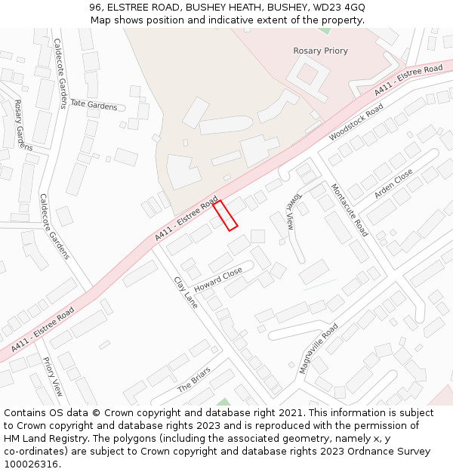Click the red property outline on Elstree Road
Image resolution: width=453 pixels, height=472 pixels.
point(225,215)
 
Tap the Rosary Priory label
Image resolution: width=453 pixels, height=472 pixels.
point(320,51)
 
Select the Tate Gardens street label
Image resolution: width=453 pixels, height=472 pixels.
point(94,105)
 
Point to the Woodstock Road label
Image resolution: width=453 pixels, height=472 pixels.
point(356,122)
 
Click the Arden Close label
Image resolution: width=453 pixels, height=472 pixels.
point(393,184)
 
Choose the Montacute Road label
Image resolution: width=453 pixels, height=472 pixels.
point(349,210)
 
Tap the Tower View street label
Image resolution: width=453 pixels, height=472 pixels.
point(289,211)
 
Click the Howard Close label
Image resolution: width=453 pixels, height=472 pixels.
point(218,280)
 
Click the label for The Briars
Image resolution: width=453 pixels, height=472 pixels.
point(194,380)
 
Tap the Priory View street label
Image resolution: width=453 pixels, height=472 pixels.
point(53,377)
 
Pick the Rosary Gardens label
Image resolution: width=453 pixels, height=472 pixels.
point(23,125)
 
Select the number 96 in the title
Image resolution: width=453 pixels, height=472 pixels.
point(95,7)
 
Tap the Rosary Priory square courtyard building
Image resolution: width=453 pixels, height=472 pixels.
point(307,73)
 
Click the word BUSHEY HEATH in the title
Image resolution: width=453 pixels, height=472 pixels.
point(217,7)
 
